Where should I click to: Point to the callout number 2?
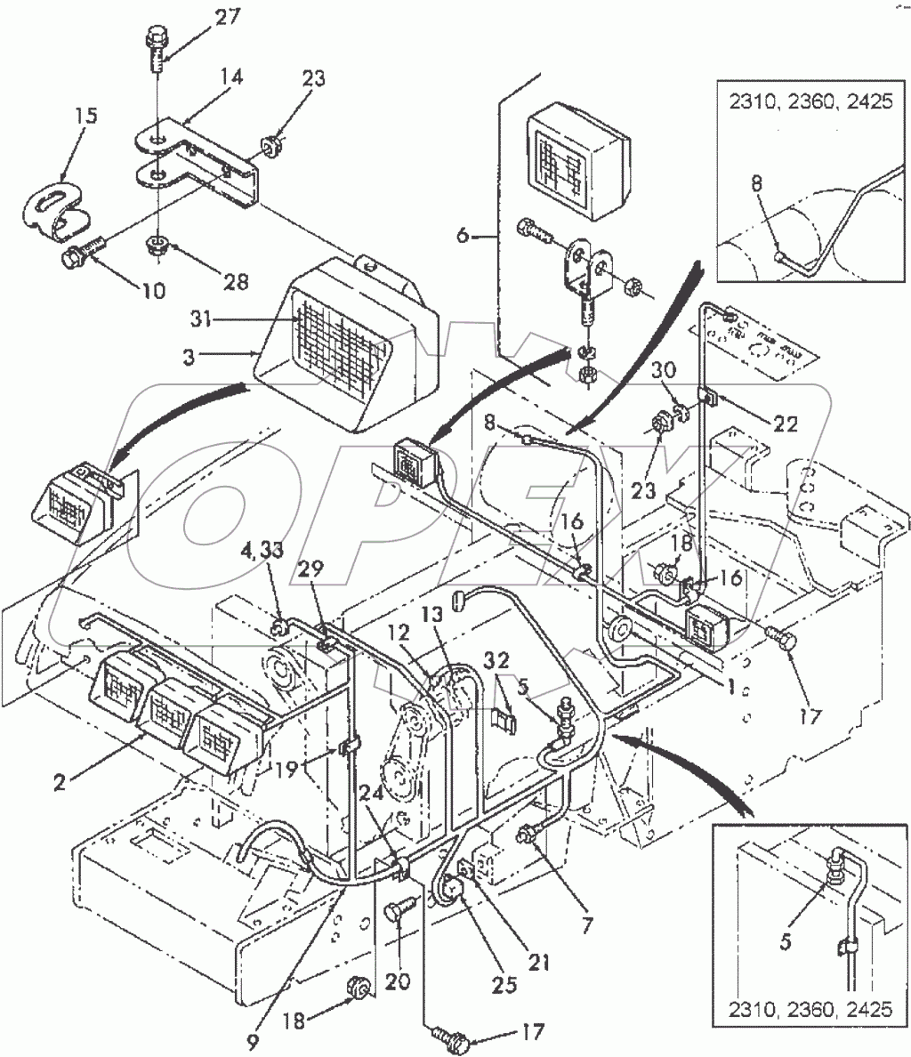point(59,782)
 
